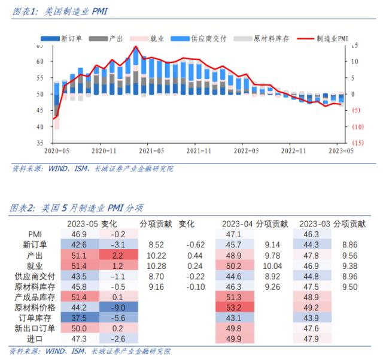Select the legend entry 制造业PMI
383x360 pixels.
pyautogui.click(x=333, y=38)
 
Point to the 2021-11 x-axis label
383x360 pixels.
pyautogui.click(x=197, y=152)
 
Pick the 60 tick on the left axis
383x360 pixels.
pyautogui.click(x=40, y=62)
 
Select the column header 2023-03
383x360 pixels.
pyautogui.click(x=315, y=223)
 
